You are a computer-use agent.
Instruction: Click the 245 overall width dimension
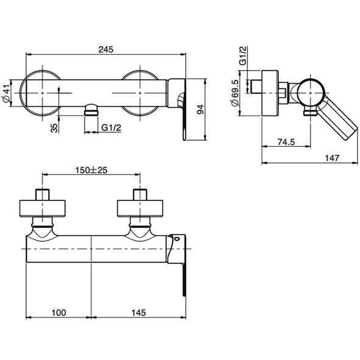pyautogui.click(x=106, y=49)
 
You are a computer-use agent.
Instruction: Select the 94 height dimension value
pyautogui.click(x=200, y=110)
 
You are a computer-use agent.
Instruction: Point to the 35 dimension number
pyautogui.click(x=54, y=128)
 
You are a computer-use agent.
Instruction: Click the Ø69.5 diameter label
pyautogui.click(x=235, y=93)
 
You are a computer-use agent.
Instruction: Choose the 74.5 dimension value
pyautogui.click(x=286, y=142)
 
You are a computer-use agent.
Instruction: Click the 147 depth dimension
pyautogui.click(x=332, y=158)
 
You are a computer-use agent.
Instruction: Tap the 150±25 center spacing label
pyautogui.click(x=91, y=170)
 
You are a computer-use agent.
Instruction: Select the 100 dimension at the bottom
pyautogui.click(x=58, y=312)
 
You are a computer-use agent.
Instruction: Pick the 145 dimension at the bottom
pyautogui.click(x=138, y=312)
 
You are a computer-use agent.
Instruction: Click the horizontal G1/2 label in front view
pyautogui.click(x=111, y=127)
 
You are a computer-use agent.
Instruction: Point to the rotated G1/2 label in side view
pyautogui.click(x=242, y=55)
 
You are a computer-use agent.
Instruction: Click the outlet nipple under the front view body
pyautogui.click(x=91, y=110)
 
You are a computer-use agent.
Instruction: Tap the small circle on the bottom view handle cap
pyautogui.click(x=177, y=239)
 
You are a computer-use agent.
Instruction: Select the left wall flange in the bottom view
pyautogui.click(x=43, y=208)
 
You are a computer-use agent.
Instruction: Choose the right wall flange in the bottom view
pyautogui.click(x=140, y=208)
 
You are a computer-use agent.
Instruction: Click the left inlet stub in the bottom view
pyautogui.click(x=43, y=194)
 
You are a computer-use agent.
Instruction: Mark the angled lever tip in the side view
pyautogui.click(x=351, y=135)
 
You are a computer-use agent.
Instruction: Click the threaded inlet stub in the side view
pyautogui.click(x=256, y=86)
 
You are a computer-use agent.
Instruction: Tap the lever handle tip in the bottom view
pyautogui.click(x=184, y=293)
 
